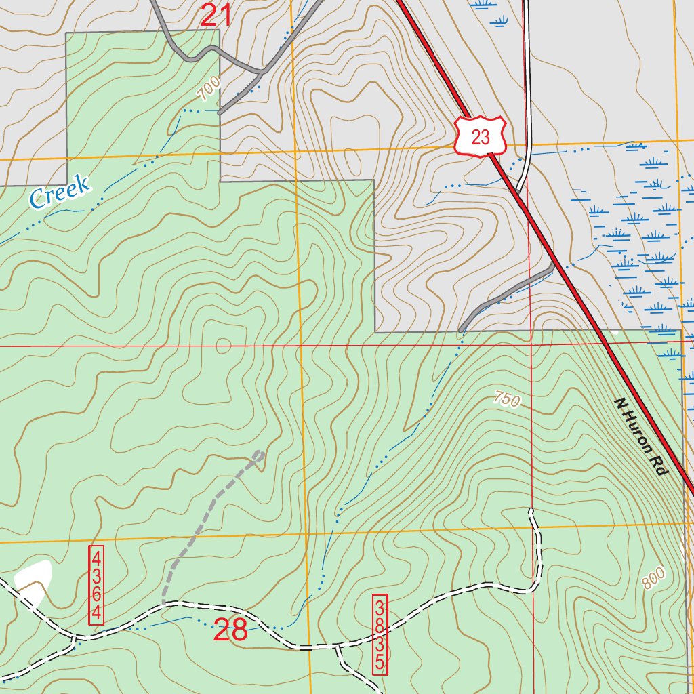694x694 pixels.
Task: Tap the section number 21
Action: click(x=216, y=16)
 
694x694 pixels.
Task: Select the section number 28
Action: click(x=230, y=630)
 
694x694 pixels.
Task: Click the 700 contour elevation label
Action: click(x=209, y=86)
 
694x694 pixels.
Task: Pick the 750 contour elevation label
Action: click(x=507, y=400)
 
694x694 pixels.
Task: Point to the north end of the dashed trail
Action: click(x=259, y=453)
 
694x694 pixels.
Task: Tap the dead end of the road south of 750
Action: click(x=531, y=510)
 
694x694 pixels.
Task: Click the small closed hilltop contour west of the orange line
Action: click(x=223, y=346)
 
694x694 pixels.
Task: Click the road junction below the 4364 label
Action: click(x=75, y=637)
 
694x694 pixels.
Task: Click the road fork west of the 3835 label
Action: click(x=335, y=647)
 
